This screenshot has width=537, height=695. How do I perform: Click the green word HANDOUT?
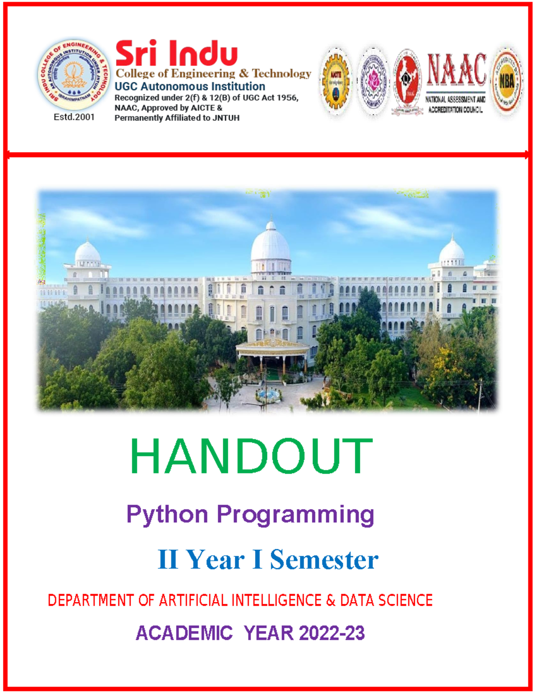(251, 456)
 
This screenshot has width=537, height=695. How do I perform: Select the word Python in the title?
(167, 515)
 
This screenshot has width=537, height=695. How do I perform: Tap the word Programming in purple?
(295, 515)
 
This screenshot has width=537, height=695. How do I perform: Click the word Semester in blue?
(324, 560)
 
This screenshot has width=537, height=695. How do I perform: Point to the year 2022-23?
(332, 633)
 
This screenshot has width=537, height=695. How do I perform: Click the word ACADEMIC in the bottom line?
(184, 633)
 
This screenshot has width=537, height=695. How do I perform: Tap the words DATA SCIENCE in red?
(386, 600)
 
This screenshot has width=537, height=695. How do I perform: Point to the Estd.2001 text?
(74, 117)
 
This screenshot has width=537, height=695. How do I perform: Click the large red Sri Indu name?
(176, 53)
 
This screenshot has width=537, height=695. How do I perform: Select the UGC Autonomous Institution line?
(190, 86)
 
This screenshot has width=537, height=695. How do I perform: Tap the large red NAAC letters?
(456, 69)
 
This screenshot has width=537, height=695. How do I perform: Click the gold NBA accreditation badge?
(507, 81)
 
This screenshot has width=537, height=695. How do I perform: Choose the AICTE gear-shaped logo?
(336, 81)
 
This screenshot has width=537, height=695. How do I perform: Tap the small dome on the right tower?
(452, 252)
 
